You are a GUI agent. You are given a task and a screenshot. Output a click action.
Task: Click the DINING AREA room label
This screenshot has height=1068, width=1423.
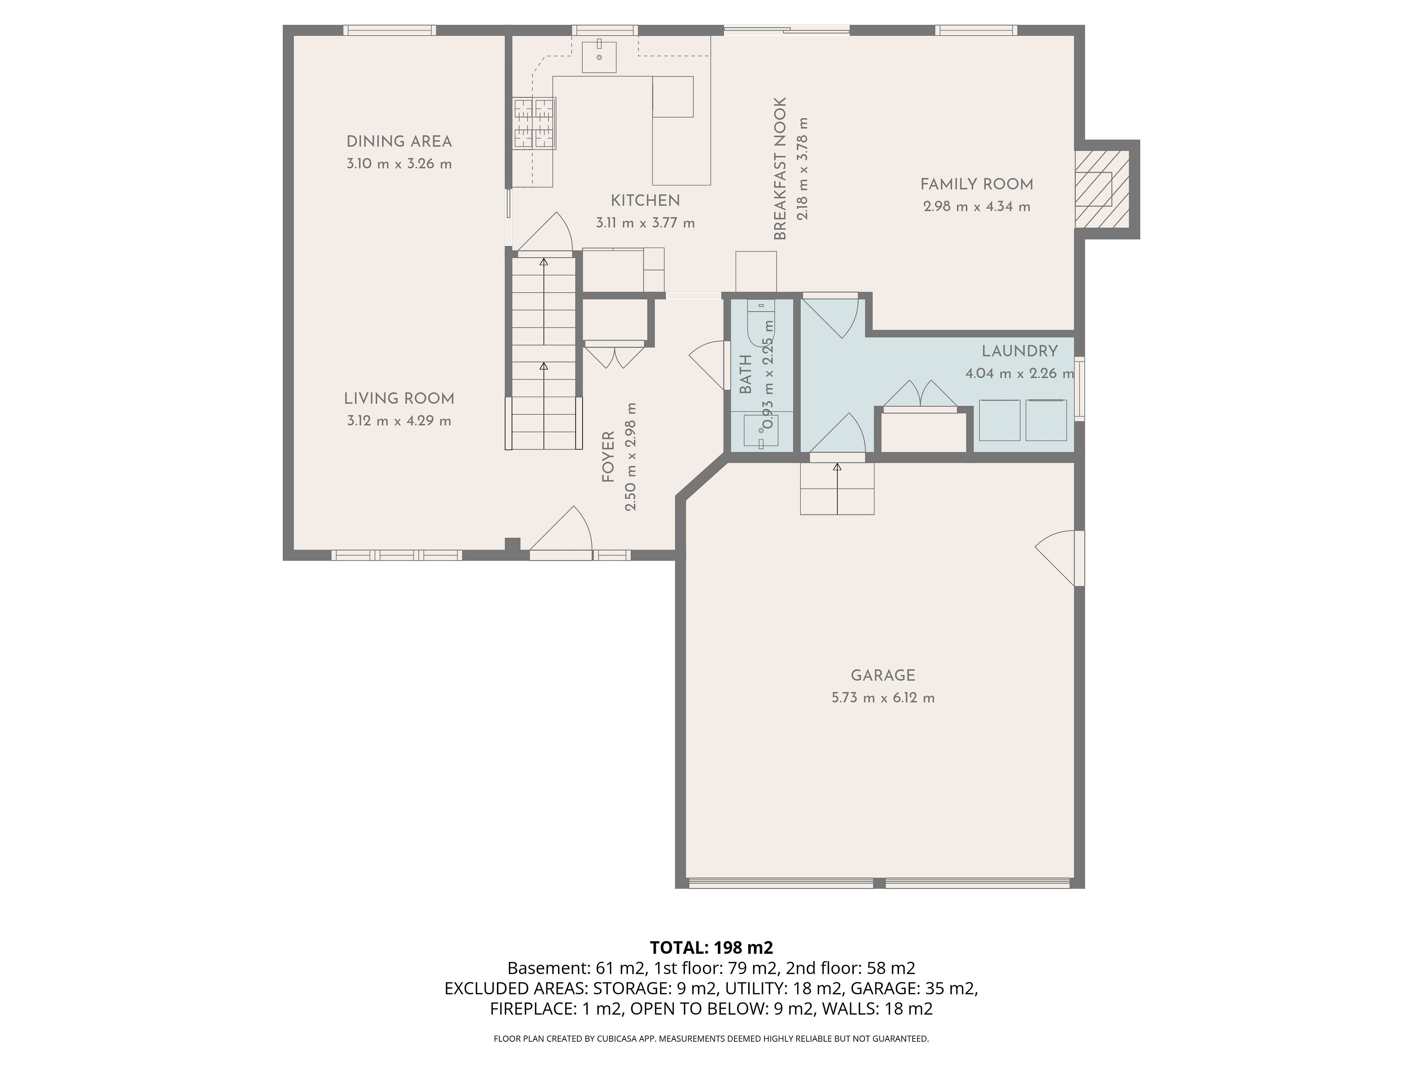tap(399, 142)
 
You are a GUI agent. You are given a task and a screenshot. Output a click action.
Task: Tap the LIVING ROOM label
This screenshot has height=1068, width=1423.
tap(399, 399)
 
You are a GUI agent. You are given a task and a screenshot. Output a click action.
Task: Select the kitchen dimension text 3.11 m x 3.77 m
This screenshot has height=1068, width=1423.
tap(645, 223)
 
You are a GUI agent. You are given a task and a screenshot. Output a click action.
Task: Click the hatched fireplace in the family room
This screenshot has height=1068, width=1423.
tap(1102, 189)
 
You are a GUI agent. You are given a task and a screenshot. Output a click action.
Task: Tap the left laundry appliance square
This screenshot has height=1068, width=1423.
tap(1000, 421)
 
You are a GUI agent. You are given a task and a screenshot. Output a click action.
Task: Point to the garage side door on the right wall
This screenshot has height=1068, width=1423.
tap(1058, 558)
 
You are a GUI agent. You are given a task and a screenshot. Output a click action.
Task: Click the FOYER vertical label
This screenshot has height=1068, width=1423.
tap(608, 457)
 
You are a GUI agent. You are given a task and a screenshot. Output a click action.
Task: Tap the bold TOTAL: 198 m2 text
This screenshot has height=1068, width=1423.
tap(711, 947)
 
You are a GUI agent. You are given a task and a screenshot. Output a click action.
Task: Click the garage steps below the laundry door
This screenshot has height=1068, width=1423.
tap(837, 489)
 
